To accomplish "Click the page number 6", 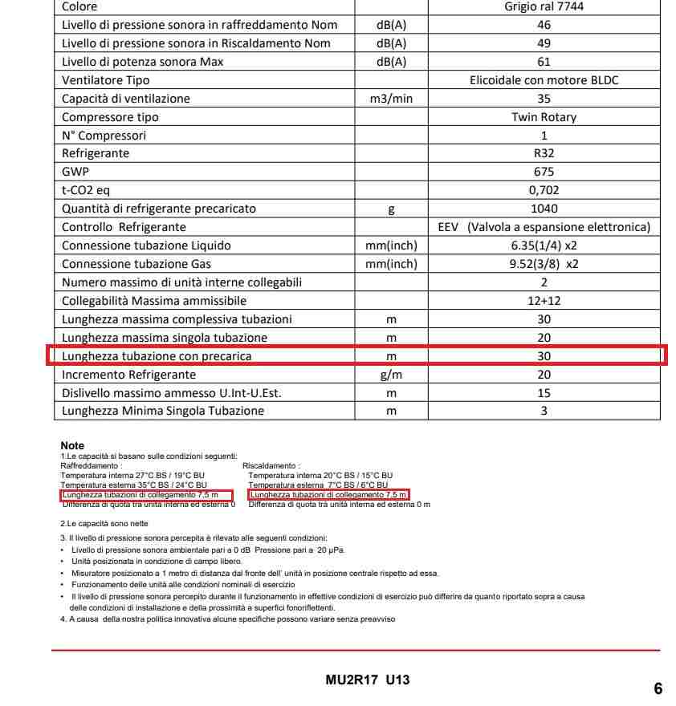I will point(658,688).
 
